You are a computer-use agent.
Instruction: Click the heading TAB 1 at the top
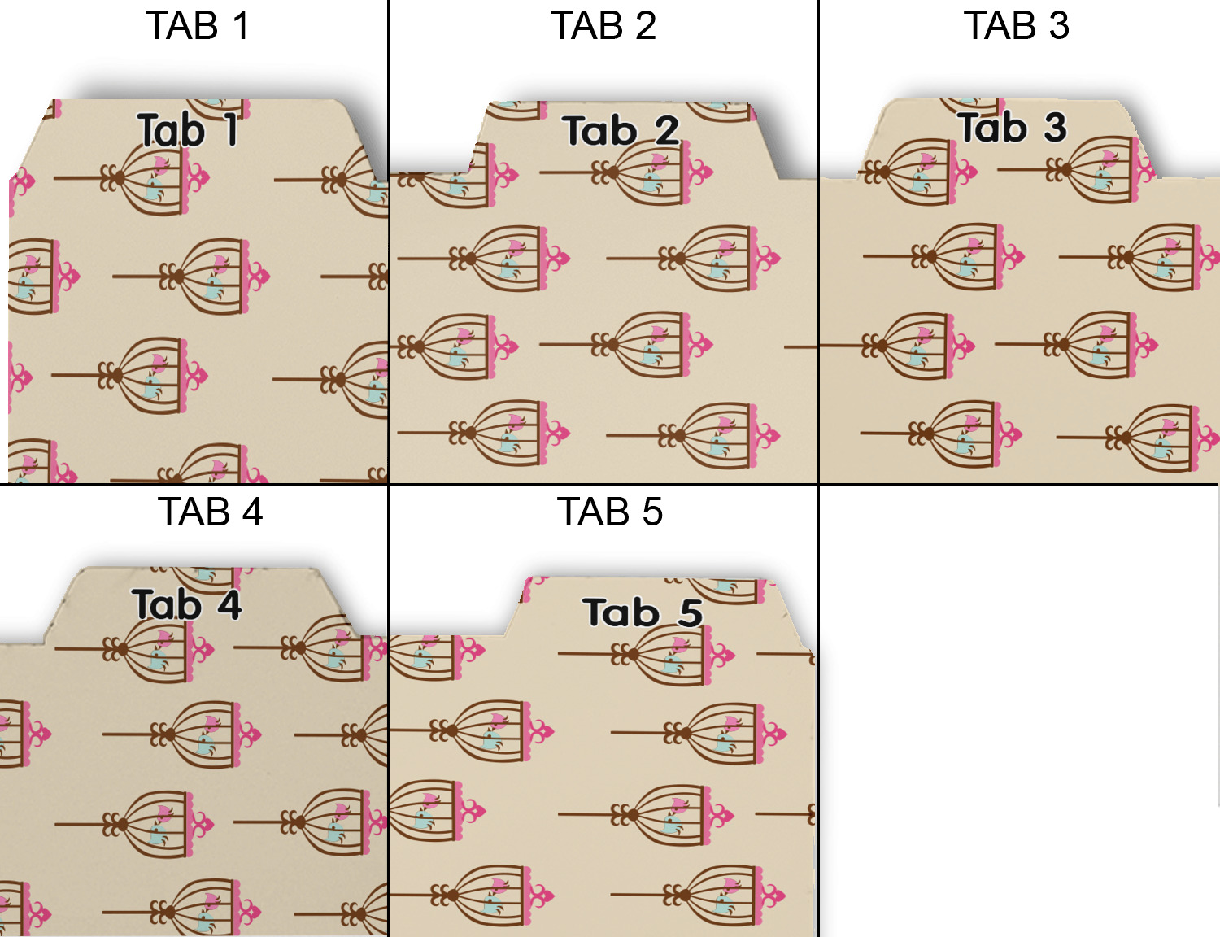click(x=197, y=26)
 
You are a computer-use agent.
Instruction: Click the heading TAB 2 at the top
click(x=603, y=26)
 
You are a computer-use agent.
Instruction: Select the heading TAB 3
click(x=1016, y=26)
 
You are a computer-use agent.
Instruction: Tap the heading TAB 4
click(x=210, y=512)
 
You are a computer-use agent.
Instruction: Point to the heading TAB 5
click(x=609, y=512)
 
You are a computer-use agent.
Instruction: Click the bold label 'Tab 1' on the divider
click(x=188, y=130)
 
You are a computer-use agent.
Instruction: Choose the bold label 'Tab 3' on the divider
click(x=1012, y=128)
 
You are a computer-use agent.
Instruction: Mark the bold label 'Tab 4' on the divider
click(x=187, y=604)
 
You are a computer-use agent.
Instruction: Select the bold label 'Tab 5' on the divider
click(x=643, y=612)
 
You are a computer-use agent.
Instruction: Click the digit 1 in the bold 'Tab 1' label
click(x=231, y=130)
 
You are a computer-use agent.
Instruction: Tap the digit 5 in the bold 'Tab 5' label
click(x=691, y=612)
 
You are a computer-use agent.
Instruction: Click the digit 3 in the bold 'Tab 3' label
click(x=1055, y=128)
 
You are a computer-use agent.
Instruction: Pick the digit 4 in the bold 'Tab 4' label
click(x=229, y=604)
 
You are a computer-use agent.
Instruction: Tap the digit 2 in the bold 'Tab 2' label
click(x=667, y=130)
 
